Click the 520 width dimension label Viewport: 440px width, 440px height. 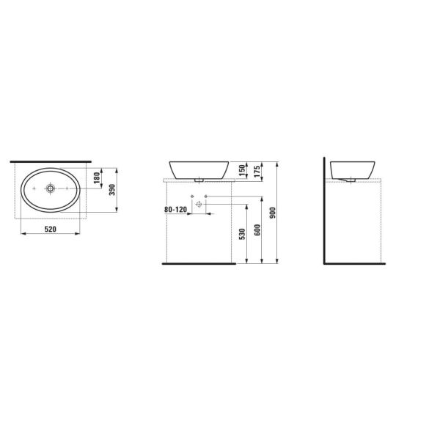pos(51,230)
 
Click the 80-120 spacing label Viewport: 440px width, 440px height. pos(176,210)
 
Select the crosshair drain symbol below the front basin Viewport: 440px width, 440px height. pos(198,205)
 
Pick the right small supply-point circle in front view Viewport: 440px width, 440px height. pos(206,196)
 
